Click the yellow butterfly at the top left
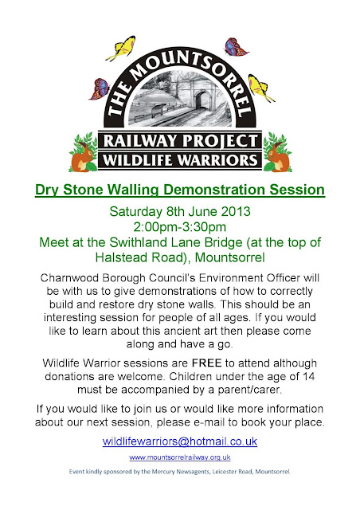pos(121,48)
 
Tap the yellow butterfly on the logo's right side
pos(260,88)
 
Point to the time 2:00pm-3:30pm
pos(179,226)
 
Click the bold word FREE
pos(206,363)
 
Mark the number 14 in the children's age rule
pos(308,376)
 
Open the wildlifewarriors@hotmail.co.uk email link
pos(180,441)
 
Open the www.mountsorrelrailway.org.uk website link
pos(180,457)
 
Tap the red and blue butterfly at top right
pos(237,47)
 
